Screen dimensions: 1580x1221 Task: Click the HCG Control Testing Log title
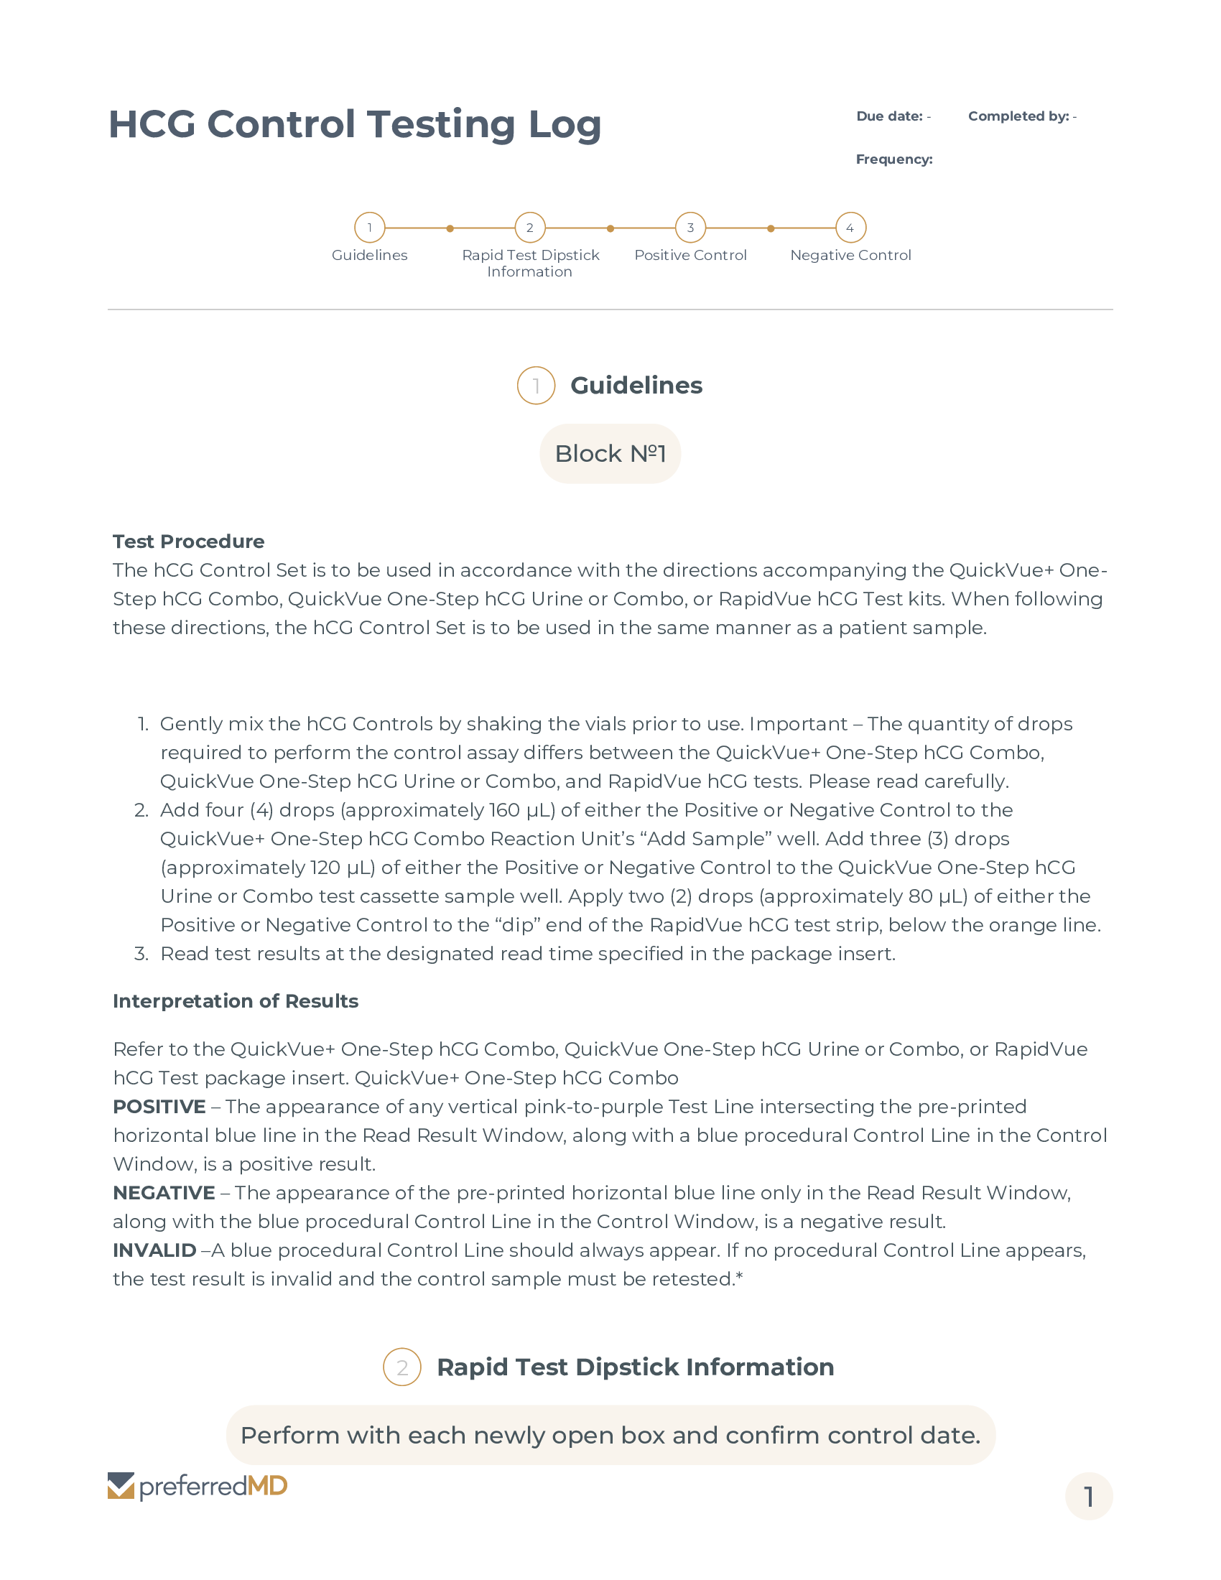click(354, 124)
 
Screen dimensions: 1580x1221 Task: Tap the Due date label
click(889, 116)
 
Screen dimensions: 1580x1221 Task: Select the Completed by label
click(1018, 116)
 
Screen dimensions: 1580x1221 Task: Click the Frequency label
click(894, 159)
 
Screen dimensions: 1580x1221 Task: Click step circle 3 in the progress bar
click(690, 228)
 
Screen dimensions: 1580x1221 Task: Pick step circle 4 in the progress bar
click(850, 228)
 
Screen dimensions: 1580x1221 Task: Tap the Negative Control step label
click(850, 256)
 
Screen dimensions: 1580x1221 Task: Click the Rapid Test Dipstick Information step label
click(530, 264)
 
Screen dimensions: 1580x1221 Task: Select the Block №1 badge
click(610, 454)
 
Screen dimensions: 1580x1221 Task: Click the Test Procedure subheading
click(188, 541)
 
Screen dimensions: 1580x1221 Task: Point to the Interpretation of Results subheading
click(235, 1001)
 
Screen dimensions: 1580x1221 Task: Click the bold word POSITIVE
click(159, 1107)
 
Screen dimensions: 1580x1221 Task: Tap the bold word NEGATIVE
click(164, 1193)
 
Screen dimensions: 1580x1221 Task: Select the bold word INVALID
click(154, 1250)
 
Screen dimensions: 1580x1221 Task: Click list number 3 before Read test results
click(141, 954)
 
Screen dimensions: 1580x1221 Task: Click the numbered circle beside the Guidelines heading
click(536, 386)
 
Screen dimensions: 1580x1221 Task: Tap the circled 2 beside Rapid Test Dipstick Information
click(402, 1367)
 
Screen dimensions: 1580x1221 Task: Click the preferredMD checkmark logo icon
click(121, 1486)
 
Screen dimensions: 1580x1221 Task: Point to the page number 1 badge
click(1088, 1496)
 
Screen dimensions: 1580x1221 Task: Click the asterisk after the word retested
click(739, 1276)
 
